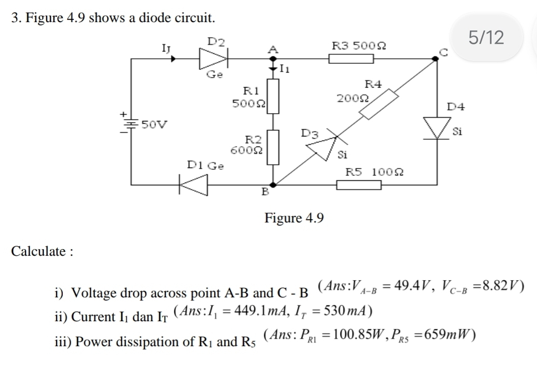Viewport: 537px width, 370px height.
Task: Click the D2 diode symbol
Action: (214, 57)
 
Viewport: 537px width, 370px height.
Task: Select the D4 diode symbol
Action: (436, 128)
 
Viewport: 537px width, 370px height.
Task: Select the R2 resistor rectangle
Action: (272, 148)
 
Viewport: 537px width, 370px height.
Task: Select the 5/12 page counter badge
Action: (486, 38)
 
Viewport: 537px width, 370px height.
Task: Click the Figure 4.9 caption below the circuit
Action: (294, 218)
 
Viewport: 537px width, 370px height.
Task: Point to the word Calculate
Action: (42, 251)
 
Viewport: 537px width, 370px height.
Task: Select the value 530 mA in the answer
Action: (344, 310)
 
